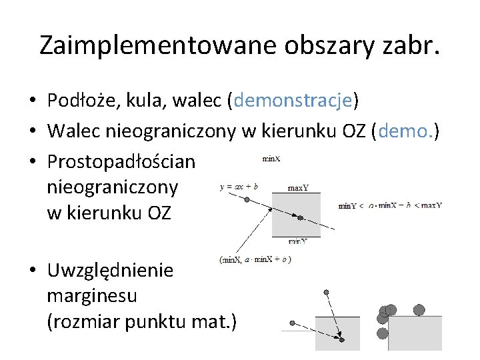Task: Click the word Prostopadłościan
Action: click(x=121, y=162)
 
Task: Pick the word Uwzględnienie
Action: click(x=110, y=271)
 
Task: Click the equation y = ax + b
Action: click(x=239, y=187)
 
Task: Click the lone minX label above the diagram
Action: click(x=271, y=159)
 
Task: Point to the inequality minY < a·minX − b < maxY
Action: click(x=390, y=205)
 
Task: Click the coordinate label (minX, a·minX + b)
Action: click(x=255, y=259)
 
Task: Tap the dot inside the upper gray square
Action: click(x=301, y=218)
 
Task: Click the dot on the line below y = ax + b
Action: click(x=247, y=199)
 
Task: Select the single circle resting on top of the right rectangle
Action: click(x=419, y=309)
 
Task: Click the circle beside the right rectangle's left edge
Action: click(x=382, y=333)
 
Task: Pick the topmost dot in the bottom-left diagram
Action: click(x=326, y=292)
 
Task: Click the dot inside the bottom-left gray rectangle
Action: click(x=341, y=339)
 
